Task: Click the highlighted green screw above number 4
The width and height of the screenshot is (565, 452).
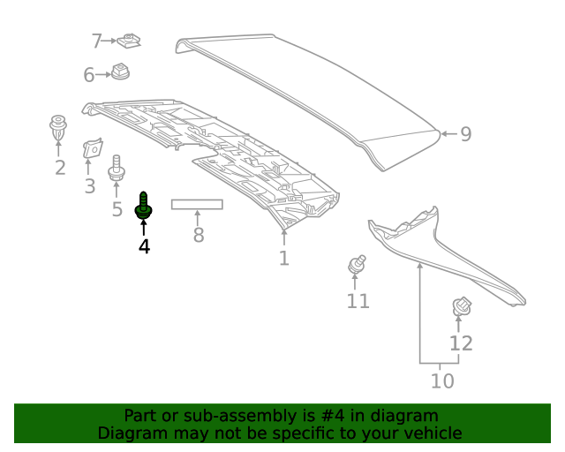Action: (x=142, y=207)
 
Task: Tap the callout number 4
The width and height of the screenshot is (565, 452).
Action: (x=144, y=246)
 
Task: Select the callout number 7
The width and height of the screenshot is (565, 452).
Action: (x=97, y=41)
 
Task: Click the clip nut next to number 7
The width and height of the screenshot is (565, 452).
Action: (x=131, y=40)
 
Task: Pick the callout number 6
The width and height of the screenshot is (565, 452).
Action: (x=88, y=76)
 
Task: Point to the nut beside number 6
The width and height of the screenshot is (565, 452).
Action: (x=121, y=72)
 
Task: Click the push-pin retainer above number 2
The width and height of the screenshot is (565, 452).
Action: (x=58, y=128)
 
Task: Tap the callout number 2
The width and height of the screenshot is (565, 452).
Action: (x=59, y=168)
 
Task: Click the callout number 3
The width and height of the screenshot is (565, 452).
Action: (x=89, y=186)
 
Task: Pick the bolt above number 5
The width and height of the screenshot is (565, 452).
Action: (x=116, y=170)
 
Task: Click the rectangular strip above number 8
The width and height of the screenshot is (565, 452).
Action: (x=197, y=205)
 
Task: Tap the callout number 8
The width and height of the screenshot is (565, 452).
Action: (x=198, y=235)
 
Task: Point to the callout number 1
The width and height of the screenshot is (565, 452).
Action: (x=283, y=258)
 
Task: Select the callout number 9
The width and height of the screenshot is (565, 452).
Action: (x=465, y=134)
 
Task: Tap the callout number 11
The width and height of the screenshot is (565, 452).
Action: (x=358, y=301)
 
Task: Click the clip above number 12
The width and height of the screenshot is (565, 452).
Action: (x=460, y=306)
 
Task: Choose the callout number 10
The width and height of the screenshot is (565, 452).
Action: (x=441, y=380)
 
